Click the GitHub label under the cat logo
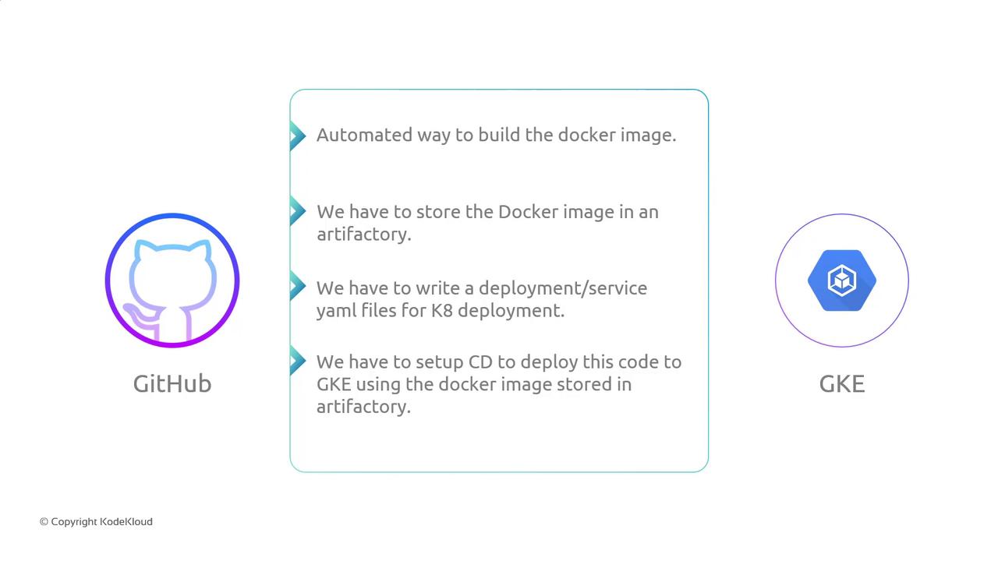click(x=172, y=384)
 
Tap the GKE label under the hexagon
click(x=842, y=384)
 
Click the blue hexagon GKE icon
click(x=842, y=280)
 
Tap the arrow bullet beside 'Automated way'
click(x=298, y=136)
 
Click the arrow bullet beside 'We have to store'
click(x=298, y=210)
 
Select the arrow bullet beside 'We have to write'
click(x=298, y=286)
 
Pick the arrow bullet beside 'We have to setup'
click(x=298, y=360)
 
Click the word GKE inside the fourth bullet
click(x=334, y=385)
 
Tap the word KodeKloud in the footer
click(x=126, y=522)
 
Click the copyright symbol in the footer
click(x=44, y=522)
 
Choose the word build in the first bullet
click(x=499, y=135)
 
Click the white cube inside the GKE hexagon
click(x=842, y=280)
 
